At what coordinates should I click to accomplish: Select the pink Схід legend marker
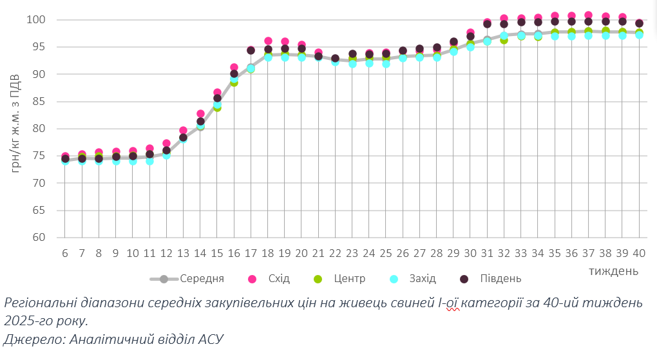pos(252,279)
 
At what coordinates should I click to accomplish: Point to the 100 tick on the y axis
pos(36,20)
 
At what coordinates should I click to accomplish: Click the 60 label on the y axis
pos(39,238)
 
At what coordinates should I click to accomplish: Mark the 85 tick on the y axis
pos(39,102)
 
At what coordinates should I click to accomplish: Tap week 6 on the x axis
pos(65,254)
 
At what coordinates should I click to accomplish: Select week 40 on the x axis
pos(639,254)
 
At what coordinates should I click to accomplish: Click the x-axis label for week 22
pos(335,254)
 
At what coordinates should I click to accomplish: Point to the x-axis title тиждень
pos(613,270)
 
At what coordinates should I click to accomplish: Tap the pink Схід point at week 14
pos(200,114)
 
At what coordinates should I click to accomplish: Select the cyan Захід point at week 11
pos(149,161)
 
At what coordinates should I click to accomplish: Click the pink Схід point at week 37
pos(588,15)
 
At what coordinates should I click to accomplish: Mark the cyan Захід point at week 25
pos(386,64)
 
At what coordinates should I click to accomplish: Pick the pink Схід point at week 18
pos(268,41)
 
